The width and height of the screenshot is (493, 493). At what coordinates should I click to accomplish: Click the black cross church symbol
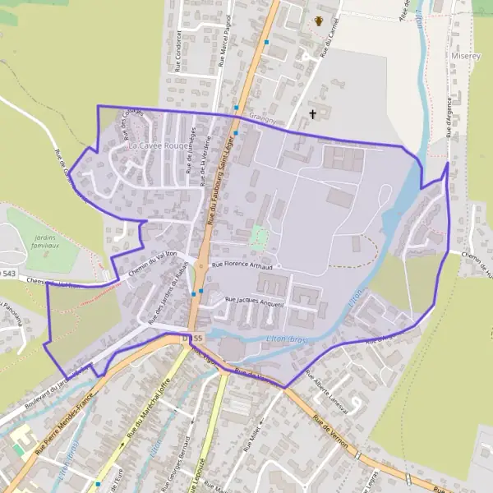click(x=312, y=113)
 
